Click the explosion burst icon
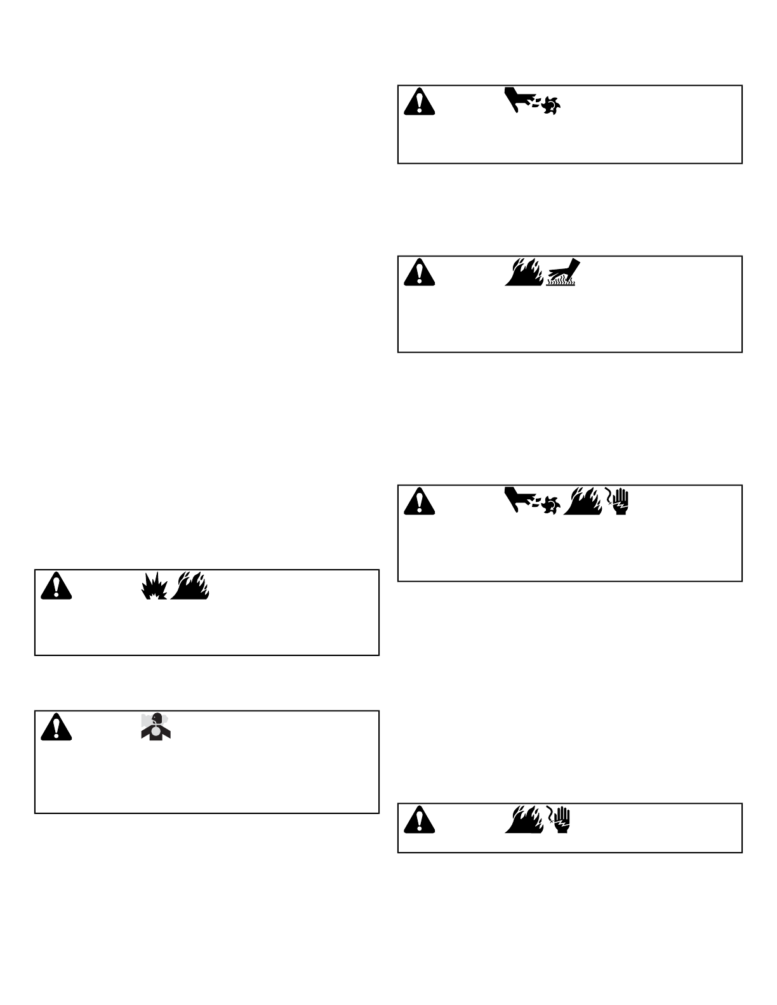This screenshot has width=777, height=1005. (x=153, y=586)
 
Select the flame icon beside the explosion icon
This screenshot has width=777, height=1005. (x=192, y=586)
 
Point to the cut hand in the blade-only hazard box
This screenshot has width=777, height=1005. (x=520, y=98)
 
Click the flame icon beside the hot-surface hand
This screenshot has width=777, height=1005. (x=524, y=272)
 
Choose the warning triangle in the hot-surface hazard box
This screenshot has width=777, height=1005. (x=419, y=272)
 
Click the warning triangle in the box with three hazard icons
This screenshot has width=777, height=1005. (x=419, y=501)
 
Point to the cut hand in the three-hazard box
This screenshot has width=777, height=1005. (x=520, y=498)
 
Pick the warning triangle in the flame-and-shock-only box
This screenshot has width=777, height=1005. (x=419, y=819)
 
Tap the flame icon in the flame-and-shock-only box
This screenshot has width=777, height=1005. (x=524, y=819)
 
